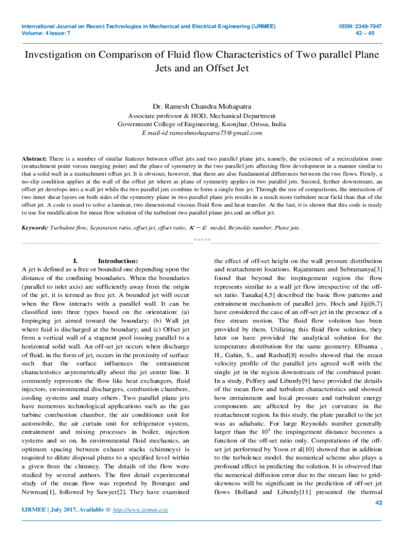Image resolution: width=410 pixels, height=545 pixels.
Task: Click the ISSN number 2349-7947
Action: pos(370,26)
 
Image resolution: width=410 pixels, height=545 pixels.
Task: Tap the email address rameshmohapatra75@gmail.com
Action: pos(216,133)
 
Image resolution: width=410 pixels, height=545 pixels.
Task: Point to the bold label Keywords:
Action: pos(35,228)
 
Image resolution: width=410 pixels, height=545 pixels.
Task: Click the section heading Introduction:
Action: pos(118,261)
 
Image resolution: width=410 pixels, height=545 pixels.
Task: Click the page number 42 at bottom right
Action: pos(379,503)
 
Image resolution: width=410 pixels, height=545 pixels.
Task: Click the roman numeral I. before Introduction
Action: pos(75,261)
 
